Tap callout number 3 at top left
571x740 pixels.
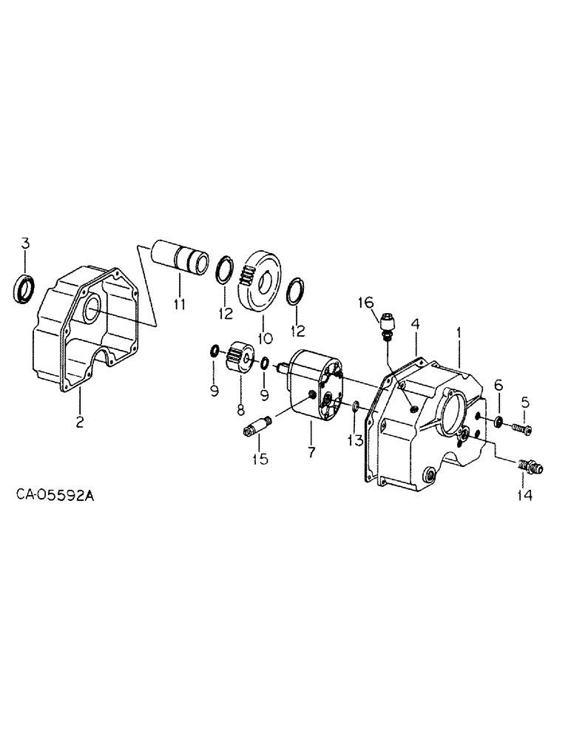point(25,243)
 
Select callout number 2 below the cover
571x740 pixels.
point(80,423)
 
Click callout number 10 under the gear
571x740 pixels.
point(260,337)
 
